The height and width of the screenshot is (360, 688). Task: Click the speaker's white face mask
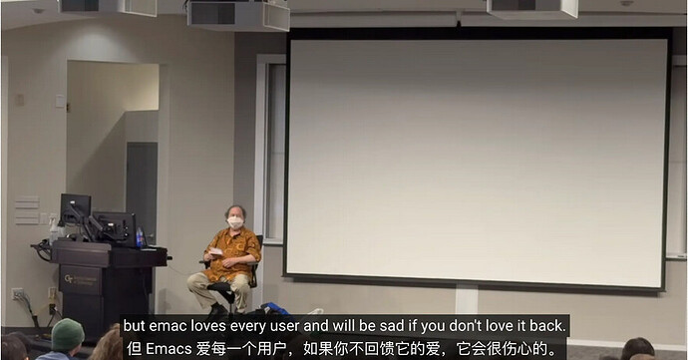point(235,222)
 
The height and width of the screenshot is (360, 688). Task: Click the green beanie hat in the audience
point(68,334)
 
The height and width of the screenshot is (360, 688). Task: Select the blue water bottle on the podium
point(140,237)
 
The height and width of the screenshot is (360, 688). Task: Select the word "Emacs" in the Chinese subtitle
point(171,349)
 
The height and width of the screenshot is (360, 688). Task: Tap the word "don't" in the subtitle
point(459,326)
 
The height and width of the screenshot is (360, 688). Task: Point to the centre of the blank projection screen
point(477,157)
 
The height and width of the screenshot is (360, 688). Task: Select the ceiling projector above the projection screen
point(531,8)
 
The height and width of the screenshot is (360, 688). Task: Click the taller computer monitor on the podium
point(75,210)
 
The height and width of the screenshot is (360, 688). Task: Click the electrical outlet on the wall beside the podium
point(17,294)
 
